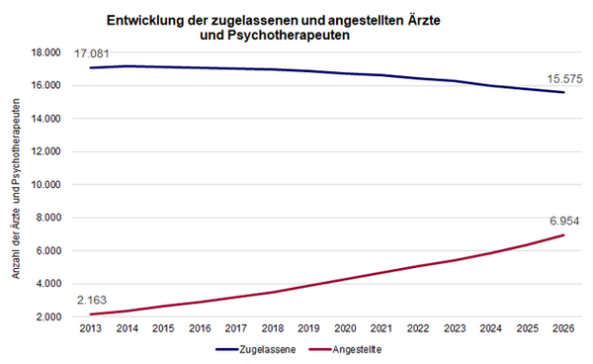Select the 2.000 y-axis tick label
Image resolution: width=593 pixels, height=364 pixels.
(x=48, y=317)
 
